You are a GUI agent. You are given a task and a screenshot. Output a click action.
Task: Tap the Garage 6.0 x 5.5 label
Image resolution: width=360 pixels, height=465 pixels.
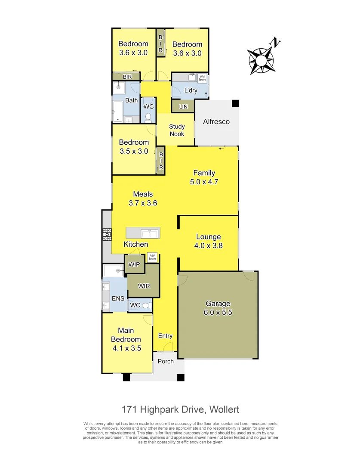pyautogui.click(x=218, y=308)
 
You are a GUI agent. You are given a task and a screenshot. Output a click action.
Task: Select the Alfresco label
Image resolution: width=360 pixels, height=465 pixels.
pyautogui.click(x=216, y=122)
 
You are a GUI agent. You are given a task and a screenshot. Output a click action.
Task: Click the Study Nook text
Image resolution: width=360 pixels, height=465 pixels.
pyautogui.click(x=176, y=130)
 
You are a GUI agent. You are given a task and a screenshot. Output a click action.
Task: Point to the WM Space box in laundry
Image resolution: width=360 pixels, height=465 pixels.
pyautogui.click(x=202, y=78)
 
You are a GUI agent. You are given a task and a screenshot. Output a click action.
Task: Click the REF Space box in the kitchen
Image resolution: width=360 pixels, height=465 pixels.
pyautogui.click(x=152, y=257)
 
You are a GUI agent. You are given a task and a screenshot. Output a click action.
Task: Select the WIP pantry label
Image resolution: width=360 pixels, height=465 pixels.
pyautogui.click(x=134, y=264)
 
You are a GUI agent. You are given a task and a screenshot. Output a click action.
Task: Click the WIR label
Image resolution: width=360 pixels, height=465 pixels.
pyautogui.click(x=144, y=286)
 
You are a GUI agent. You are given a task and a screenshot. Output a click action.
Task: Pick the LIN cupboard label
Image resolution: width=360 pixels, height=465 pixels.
pyautogui.click(x=182, y=106)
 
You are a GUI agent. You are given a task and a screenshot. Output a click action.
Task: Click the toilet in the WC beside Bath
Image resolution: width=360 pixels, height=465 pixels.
pyautogui.click(x=148, y=117)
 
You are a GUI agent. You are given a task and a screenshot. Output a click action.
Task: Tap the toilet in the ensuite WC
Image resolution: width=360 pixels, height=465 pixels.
pyautogui.click(x=145, y=305)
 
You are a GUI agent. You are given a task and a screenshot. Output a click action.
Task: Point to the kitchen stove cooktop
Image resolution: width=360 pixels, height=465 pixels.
pyautogui.click(x=106, y=234)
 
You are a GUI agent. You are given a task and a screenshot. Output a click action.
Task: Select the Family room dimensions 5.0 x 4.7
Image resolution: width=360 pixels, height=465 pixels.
pyautogui.click(x=204, y=182)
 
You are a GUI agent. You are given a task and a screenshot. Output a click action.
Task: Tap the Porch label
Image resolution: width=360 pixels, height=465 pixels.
pyautogui.click(x=166, y=361)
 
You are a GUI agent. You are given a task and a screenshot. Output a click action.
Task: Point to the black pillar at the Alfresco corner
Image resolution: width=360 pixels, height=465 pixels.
pyautogui.click(x=235, y=103)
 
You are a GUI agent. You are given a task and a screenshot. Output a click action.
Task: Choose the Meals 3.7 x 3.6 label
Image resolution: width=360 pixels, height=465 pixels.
pyautogui.click(x=143, y=198)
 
